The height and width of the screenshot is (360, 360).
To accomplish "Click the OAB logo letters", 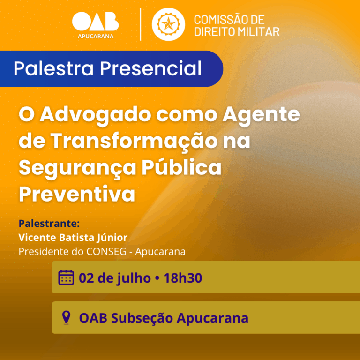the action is [x=95, y=22].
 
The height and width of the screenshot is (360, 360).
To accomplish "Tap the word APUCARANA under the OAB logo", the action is [x=96, y=36].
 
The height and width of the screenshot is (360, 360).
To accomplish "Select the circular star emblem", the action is [x=168, y=24].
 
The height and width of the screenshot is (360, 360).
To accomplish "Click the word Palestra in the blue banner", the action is [x=54, y=68].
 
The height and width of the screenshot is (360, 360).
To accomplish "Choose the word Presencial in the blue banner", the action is [x=150, y=68].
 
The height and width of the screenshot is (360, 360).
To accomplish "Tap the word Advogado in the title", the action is [x=94, y=114].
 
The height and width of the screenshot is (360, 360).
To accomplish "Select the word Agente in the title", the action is [x=261, y=115].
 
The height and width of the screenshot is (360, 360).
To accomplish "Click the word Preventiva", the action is [x=77, y=194].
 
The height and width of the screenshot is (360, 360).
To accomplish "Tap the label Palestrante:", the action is [x=49, y=224].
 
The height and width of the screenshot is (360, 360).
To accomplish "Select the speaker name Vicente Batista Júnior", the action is [x=73, y=238].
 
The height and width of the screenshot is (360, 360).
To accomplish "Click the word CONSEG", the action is [x=106, y=252].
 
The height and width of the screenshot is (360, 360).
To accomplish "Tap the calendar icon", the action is [x=66, y=277].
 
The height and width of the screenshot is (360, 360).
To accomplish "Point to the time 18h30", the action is [x=183, y=278].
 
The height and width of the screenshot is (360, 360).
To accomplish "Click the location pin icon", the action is [x=66, y=317].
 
